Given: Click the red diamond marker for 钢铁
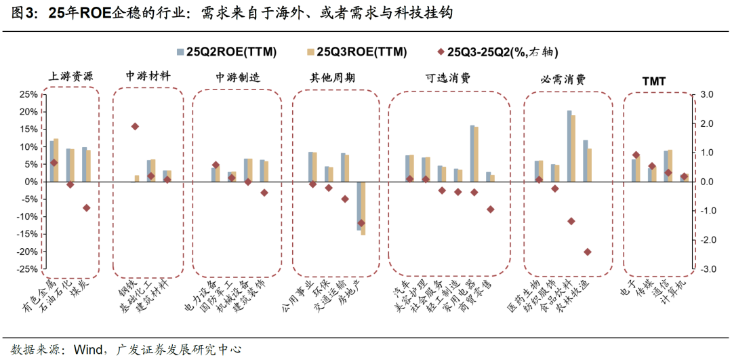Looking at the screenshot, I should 135,126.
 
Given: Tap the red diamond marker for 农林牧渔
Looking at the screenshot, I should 587,252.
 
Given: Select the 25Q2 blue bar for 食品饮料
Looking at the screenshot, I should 569,146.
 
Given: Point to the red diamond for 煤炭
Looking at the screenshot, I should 87,207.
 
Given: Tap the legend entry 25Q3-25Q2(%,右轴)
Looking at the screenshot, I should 501,52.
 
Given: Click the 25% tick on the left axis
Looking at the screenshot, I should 28,94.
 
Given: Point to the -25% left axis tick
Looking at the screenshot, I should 26,269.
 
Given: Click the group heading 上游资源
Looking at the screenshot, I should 71,77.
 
